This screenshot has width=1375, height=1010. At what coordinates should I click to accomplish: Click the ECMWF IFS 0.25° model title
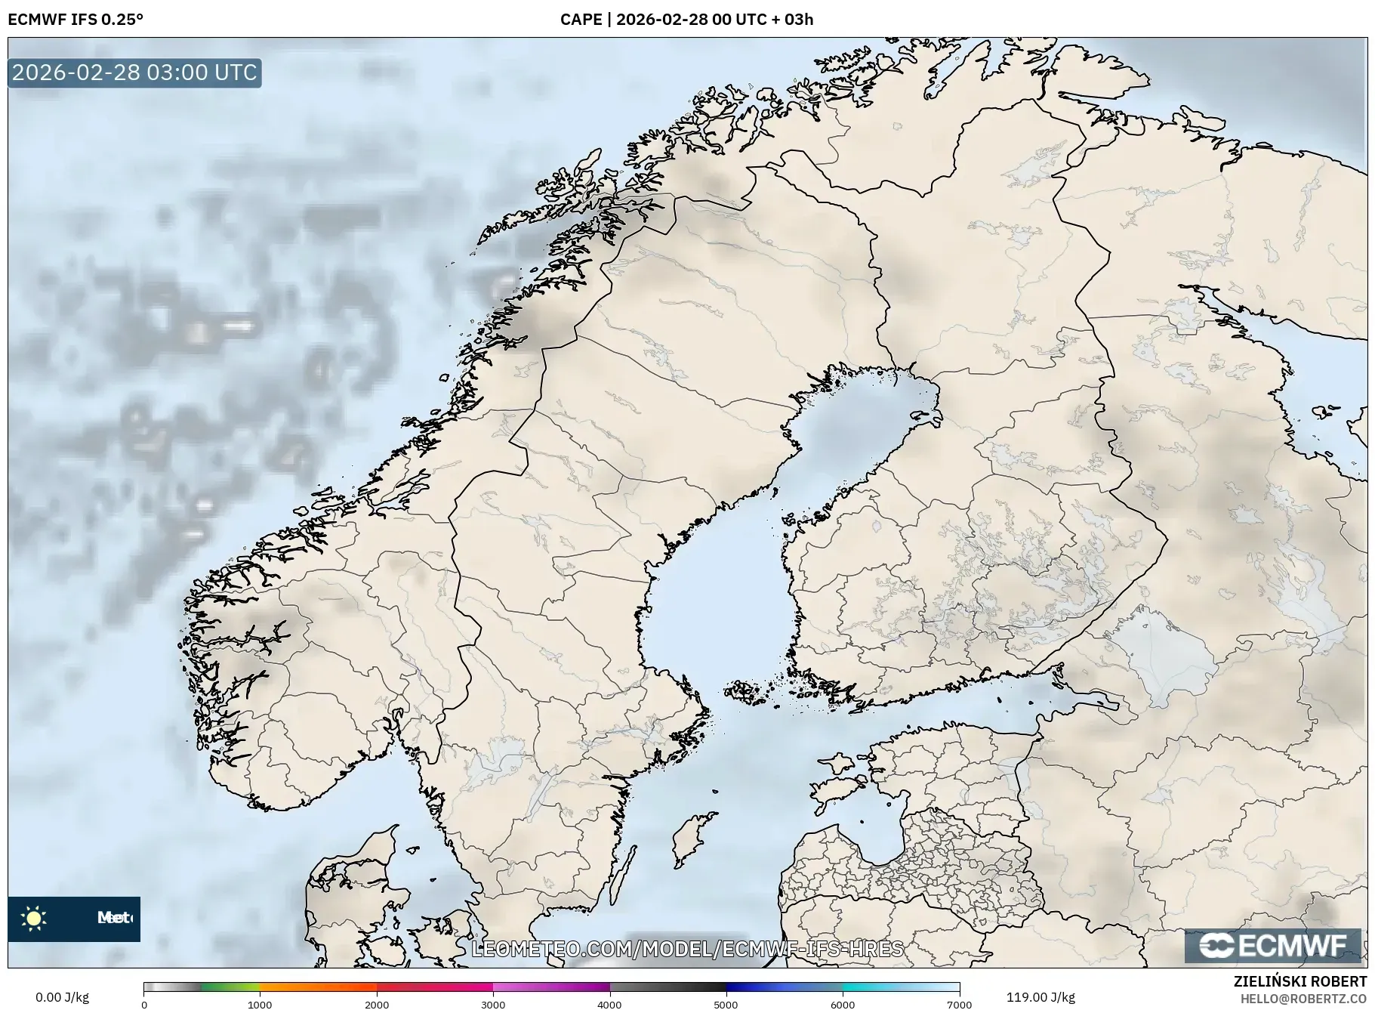point(76,20)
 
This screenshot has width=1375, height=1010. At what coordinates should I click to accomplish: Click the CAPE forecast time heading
point(686,20)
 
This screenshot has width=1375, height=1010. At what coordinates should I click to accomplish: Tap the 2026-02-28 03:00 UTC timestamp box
point(134,73)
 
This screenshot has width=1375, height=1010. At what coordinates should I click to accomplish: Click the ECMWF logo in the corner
point(1273,946)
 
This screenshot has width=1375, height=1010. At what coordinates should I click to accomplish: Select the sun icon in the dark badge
point(34,919)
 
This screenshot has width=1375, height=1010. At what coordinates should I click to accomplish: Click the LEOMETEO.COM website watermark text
point(687,949)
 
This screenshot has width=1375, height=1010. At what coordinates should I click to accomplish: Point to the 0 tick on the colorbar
point(144,1004)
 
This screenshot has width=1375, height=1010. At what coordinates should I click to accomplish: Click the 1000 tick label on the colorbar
point(260,1004)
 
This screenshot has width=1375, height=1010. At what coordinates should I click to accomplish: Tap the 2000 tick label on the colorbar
point(377,1004)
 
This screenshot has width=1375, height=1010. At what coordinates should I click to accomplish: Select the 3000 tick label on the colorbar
point(493,1004)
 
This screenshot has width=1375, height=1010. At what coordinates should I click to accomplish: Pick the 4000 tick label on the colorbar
point(610,1004)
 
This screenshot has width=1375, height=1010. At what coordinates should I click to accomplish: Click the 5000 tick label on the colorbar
point(726,1004)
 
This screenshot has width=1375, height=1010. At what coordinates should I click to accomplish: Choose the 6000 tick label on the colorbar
point(843,1004)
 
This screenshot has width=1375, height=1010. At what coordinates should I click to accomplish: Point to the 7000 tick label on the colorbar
point(959,1004)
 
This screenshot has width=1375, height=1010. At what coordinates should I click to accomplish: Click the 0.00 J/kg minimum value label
point(62,997)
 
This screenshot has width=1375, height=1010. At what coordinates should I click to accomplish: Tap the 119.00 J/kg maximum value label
point(1040,997)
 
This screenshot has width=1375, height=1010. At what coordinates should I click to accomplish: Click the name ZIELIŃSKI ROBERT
point(1300,981)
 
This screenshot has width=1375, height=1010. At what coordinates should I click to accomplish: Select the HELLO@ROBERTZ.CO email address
point(1303,999)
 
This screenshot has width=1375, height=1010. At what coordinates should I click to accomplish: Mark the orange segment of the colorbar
point(317,987)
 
